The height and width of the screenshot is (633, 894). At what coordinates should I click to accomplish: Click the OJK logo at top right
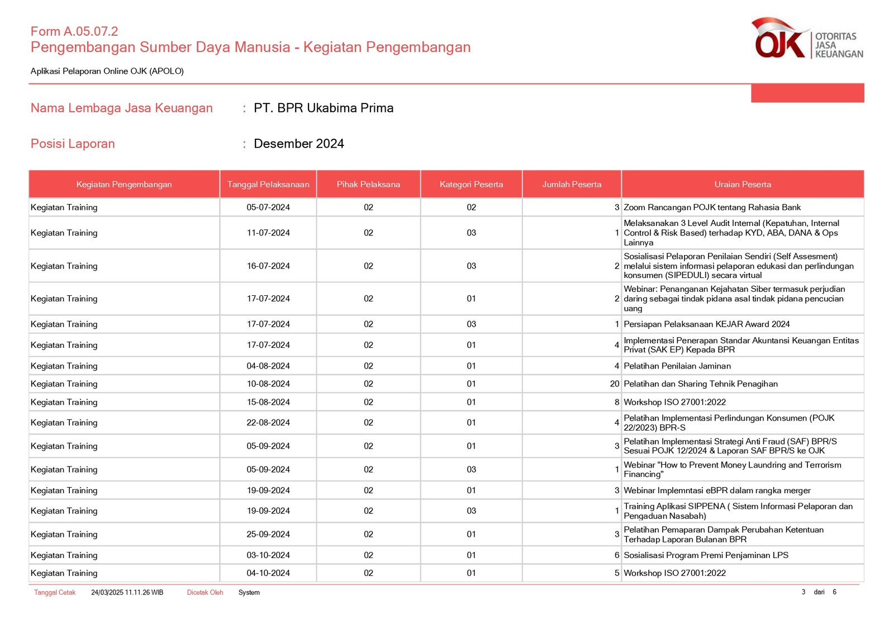pos(806,39)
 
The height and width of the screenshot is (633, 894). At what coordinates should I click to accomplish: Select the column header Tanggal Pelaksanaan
pos(268,185)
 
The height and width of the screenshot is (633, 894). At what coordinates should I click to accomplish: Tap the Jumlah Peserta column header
pos(572,185)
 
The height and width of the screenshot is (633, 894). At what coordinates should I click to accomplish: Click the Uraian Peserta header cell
pos(743,185)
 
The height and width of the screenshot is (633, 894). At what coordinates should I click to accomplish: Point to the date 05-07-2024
pos(268,207)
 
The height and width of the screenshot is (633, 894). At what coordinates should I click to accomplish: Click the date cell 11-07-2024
pos(268,233)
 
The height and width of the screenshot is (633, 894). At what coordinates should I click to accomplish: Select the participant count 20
pos(615,384)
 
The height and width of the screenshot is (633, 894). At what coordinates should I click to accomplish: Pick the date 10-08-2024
pos(268,384)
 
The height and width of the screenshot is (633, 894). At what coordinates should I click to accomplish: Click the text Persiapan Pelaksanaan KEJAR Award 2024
pos(706,324)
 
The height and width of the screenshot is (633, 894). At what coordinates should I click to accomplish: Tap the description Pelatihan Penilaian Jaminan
pos(677,366)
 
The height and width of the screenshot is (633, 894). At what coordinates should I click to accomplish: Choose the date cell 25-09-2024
pos(268,535)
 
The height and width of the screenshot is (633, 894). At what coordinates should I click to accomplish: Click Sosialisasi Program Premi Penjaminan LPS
pos(706,555)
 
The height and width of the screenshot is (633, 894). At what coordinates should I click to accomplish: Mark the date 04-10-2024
pos(268,573)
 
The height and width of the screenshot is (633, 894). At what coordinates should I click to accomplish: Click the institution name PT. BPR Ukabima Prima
pos(324,108)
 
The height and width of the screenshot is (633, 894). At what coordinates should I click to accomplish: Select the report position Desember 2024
pos(299,144)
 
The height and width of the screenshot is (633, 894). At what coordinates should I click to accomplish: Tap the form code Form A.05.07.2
pos(74,31)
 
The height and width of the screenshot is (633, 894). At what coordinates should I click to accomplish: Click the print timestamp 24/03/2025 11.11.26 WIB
pos(127,593)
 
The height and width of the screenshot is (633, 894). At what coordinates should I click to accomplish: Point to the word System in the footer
pos(249,593)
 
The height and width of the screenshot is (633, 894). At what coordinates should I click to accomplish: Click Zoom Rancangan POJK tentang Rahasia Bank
pos(712,207)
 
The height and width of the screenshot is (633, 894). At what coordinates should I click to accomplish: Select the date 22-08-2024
pos(268,423)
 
